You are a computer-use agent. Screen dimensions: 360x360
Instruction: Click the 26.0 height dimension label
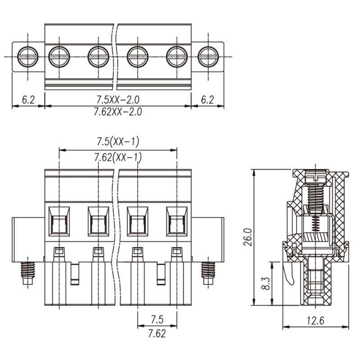pyautogui.click(x=248, y=237)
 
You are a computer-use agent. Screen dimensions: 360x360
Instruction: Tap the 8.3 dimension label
pyautogui.click(x=266, y=283)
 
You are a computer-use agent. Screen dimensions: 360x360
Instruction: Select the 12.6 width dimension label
pyautogui.click(x=316, y=321)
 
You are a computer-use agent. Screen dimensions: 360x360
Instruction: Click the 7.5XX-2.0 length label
pyautogui.click(x=118, y=99)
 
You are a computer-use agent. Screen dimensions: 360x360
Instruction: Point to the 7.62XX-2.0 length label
pyautogui.click(x=118, y=112)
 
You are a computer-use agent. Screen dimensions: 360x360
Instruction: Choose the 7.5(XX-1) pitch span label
pyautogui.click(x=118, y=141)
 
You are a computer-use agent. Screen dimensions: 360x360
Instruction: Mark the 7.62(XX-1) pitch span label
pyautogui.click(x=118, y=157)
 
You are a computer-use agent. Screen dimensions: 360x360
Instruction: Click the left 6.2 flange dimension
pyautogui.click(x=28, y=99)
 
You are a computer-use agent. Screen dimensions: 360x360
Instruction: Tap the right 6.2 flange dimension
pyautogui.click(x=207, y=99)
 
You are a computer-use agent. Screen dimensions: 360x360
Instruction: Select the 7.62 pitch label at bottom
pyautogui.click(x=157, y=333)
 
